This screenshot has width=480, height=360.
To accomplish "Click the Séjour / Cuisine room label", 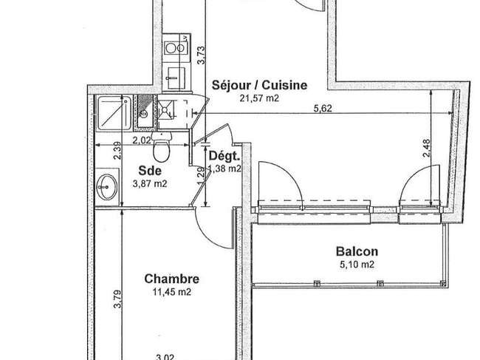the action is [259, 85].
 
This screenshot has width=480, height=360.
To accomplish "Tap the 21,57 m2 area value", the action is [259, 98].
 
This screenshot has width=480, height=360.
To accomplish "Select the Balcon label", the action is [357, 251].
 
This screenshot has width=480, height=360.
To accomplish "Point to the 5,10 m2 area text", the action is [357, 265].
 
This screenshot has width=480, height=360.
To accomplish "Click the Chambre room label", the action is [172, 279].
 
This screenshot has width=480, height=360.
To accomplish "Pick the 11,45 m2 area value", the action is [172, 292].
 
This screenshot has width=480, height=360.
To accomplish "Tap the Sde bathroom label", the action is [150, 171].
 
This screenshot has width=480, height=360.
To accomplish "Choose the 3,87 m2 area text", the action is [150, 184].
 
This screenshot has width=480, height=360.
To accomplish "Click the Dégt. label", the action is [224, 156].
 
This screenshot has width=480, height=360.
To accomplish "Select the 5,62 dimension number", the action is [323, 108].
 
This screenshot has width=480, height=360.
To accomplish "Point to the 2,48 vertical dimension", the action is [426, 149].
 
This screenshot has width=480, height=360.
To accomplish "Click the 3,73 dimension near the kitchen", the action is [201, 55].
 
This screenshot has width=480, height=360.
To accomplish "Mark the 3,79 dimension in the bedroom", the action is [117, 299].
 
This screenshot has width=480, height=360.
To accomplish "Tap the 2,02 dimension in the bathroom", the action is [142, 140].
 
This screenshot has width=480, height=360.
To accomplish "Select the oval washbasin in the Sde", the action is [107, 186].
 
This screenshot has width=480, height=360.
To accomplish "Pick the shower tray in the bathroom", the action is [114, 113].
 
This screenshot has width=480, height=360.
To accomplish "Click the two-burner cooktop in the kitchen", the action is [175, 48].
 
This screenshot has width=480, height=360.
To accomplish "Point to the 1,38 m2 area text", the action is [224, 169].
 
